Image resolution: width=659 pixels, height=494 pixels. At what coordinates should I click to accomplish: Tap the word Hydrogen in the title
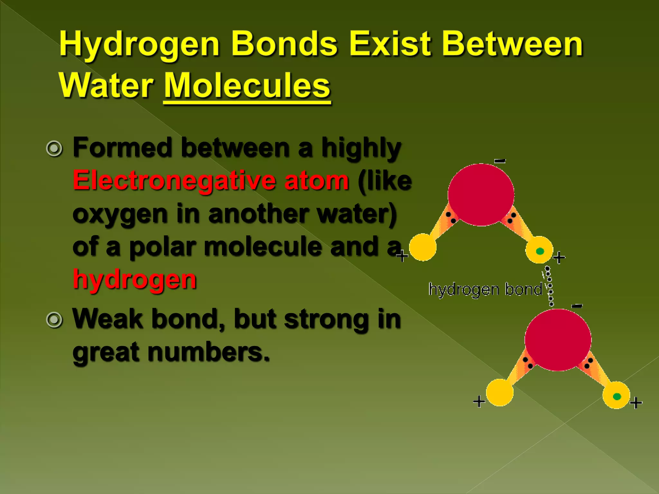click(x=139, y=45)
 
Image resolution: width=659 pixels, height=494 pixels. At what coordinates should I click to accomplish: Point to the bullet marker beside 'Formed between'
click(x=54, y=149)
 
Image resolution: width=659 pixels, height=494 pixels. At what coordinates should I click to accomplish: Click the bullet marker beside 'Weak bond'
click(x=54, y=320)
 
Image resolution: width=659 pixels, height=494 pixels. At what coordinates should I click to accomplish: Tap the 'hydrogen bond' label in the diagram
click(x=485, y=289)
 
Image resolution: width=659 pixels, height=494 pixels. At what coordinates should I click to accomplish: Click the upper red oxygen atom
click(x=481, y=195)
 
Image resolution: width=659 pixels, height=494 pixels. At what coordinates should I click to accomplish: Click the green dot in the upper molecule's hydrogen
click(x=540, y=251)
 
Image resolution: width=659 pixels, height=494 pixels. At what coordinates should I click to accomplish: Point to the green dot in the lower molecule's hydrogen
click(x=617, y=397)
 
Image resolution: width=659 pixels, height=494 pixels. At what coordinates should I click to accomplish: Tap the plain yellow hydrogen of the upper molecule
click(x=423, y=247)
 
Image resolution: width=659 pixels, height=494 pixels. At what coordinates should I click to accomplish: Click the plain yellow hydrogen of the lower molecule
click(x=499, y=392)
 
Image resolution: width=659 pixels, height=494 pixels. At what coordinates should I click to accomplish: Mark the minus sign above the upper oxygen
click(x=500, y=161)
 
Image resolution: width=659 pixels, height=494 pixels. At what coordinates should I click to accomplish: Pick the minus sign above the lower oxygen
click(x=577, y=306)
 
